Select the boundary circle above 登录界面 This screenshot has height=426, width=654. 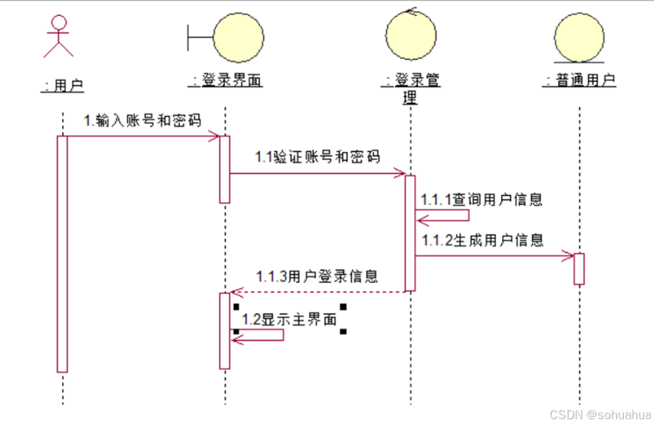click(238, 36)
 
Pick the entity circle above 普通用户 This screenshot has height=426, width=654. click(579, 36)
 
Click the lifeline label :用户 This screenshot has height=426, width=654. click(62, 85)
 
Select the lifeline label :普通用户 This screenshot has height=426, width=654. click(579, 79)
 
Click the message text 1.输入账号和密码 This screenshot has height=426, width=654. click(142, 120)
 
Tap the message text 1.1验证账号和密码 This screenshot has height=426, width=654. click(318, 157)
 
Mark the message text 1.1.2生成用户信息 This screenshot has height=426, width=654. click(482, 240)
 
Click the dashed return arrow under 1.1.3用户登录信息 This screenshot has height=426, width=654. click(318, 291)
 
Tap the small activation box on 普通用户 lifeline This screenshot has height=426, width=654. click(579, 269)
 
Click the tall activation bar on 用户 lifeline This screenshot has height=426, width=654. click(63, 253)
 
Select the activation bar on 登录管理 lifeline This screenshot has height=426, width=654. click(410, 233)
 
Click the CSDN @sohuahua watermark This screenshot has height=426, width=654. click(600, 415)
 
